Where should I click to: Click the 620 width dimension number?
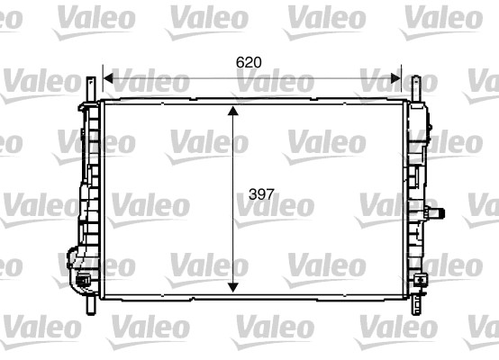tap(249, 63)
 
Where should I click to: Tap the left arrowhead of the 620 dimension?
tap(108, 78)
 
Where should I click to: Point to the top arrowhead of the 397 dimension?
tap(233, 112)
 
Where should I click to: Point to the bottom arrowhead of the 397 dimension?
tap(233, 285)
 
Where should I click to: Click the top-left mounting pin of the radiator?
tap(91, 88)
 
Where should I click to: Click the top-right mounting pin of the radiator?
tap(415, 88)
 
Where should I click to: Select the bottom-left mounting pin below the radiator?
tap(90, 306)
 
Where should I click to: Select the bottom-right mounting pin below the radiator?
tap(415, 306)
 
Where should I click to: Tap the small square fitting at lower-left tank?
tap(84, 282)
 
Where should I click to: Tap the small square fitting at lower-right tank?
tap(421, 282)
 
